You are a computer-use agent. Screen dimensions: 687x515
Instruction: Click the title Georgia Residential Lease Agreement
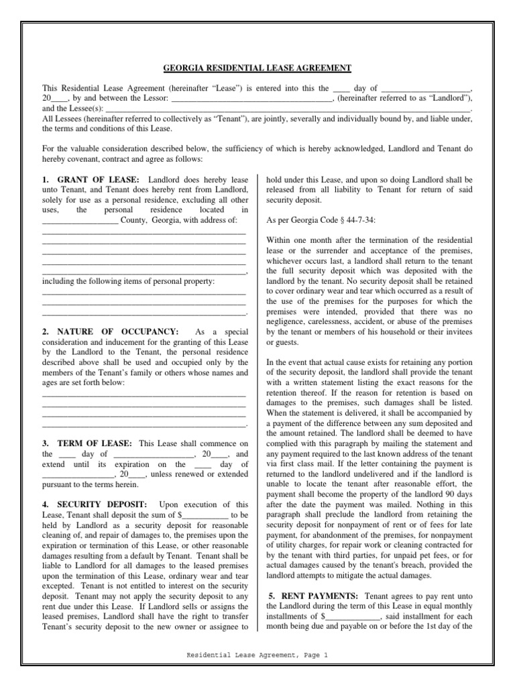click(x=257, y=68)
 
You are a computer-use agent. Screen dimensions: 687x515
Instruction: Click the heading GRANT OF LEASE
click(x=98, y=180)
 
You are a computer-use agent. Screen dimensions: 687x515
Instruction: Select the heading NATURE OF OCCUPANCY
click(x=117, y=331)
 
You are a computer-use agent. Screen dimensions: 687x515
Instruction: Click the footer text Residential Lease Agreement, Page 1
click(x=257, y=655)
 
